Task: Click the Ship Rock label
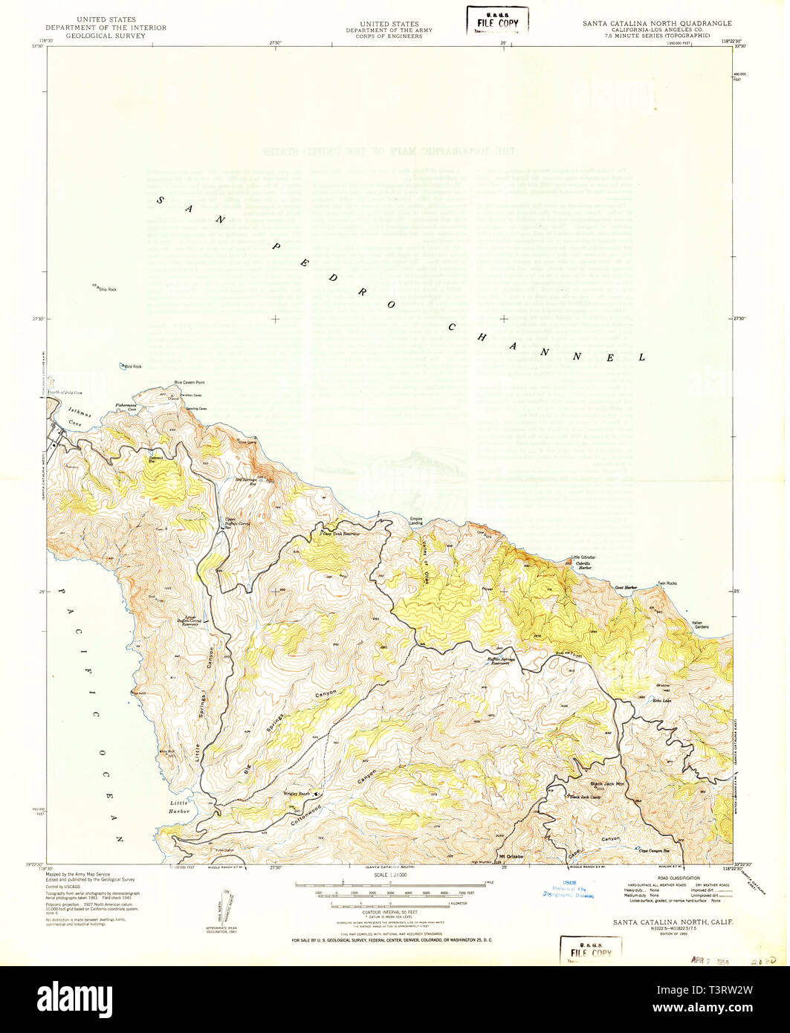coord(107,289)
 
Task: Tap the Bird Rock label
coord(132,366)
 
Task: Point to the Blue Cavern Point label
coord(190,383)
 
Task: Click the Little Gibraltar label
coord(583,557)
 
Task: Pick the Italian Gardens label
coord(697,625)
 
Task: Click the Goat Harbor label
coord(626,587)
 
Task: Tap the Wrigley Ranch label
coord(299,793)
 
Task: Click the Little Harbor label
coord(179,807)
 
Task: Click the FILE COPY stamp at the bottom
coord(591,951)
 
